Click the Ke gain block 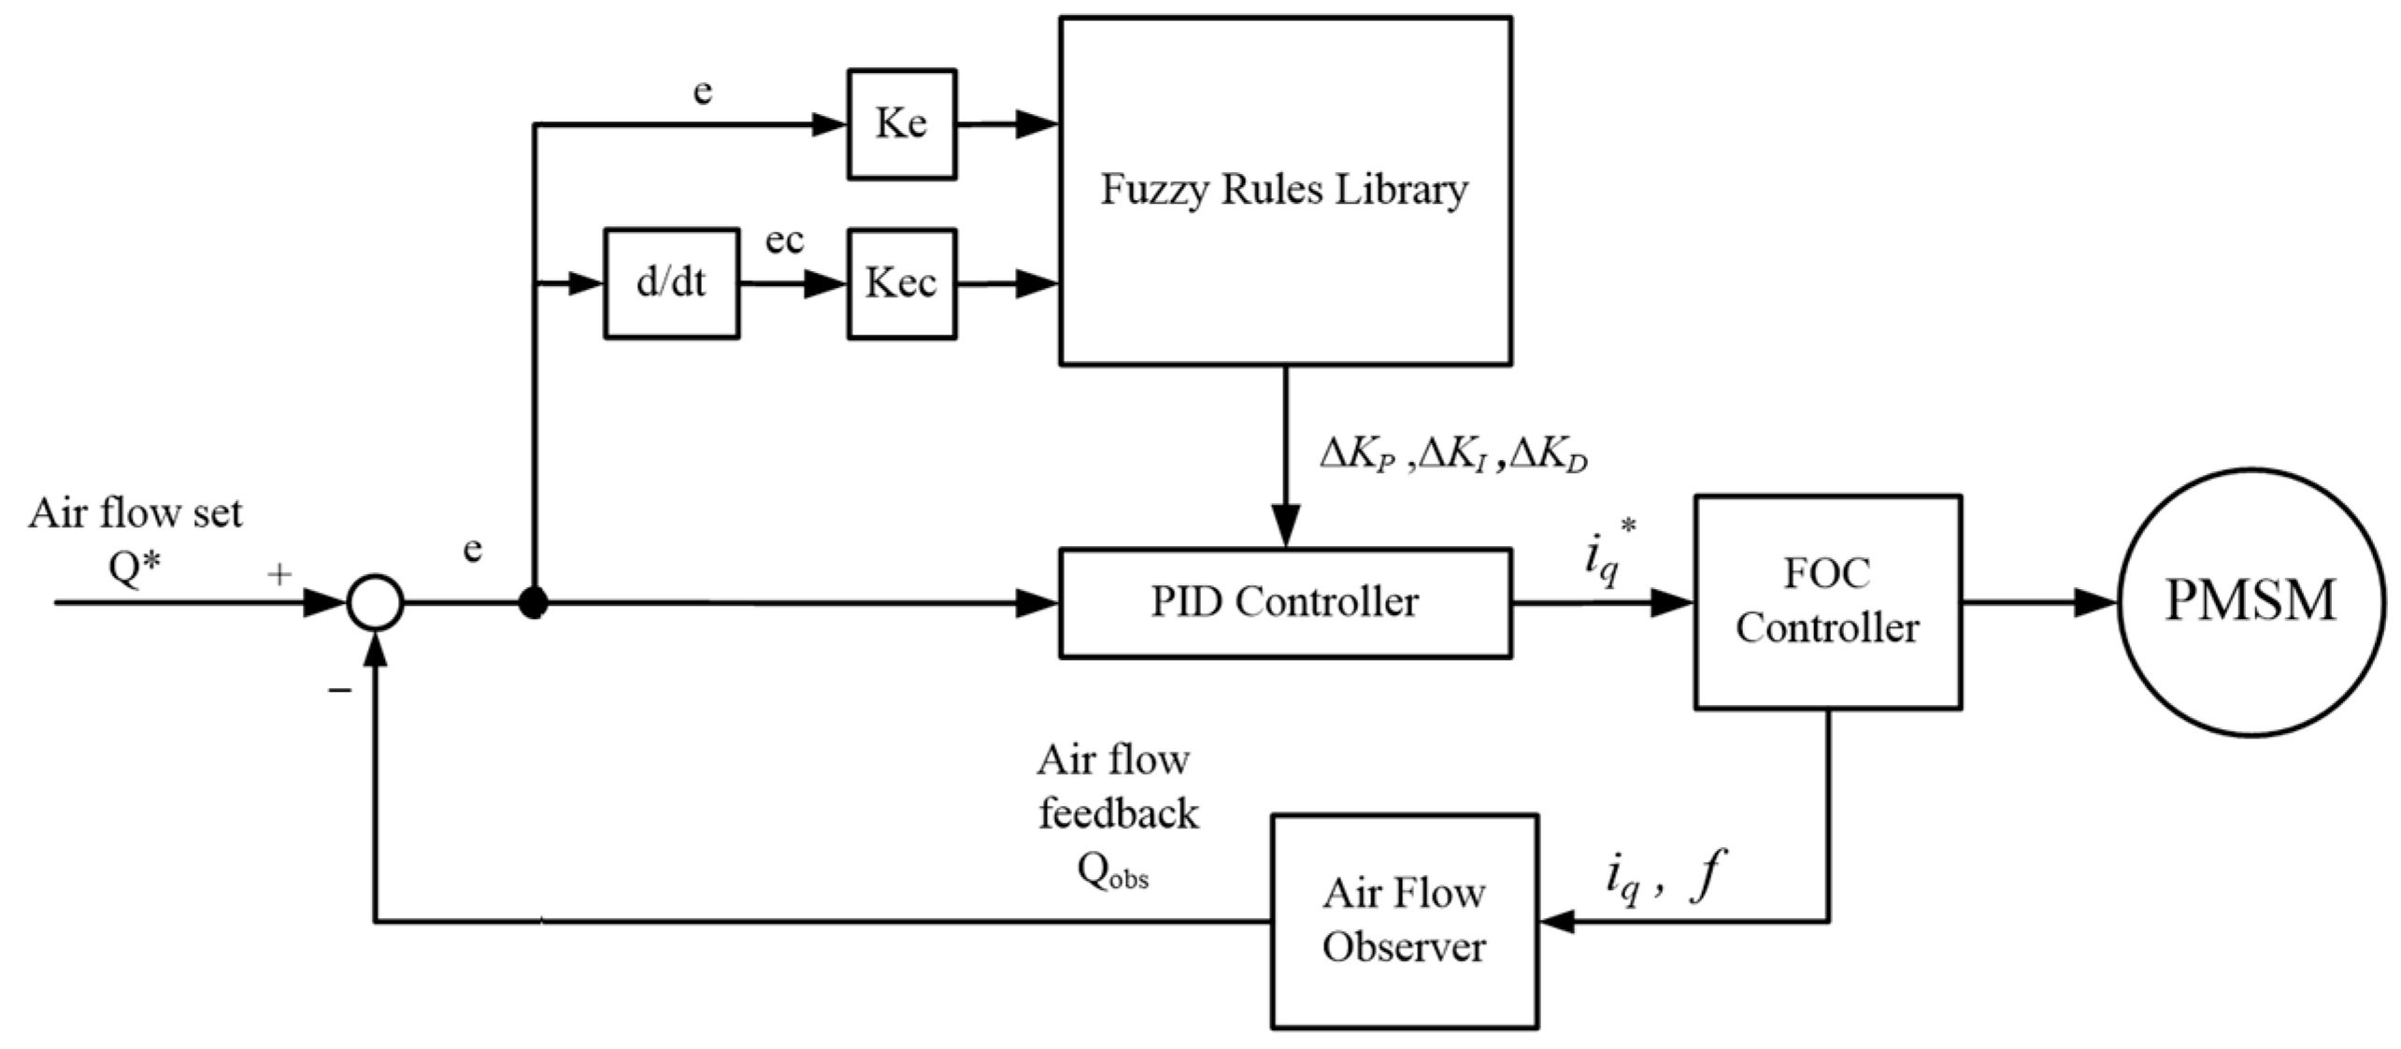(x=902, y=123)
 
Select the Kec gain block (x=902, y=283)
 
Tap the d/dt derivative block (x=671, y=283)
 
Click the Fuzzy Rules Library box (x=1285, y=191)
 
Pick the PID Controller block (x=1285, y=603)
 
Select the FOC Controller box (x=1828, y=602)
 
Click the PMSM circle (x=2251, y=602)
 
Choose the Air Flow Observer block (x=1404, y=921)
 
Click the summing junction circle (x=375, y=603)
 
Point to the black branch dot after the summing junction (x=533, y=604)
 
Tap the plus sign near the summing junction (x=279, y=574)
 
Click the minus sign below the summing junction (x=339, y=691)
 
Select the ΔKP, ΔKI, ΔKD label (x=1453, y=455)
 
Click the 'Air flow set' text (x=135, y=512)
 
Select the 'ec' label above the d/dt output (x=784, y=241)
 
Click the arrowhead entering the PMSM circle (x=2096, y=603)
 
